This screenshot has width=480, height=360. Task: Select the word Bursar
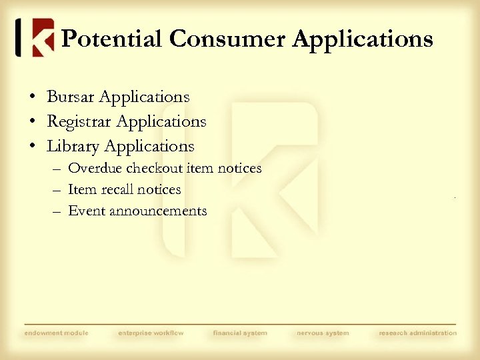pyautogui.click(x=71, y=97)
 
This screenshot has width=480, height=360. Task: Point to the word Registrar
pyautogui.click(x=79, y=121)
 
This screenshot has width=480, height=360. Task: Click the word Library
pyautogui.click(x=73, y=146)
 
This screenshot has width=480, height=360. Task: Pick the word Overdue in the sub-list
pyautogui.click(x=95, y=168)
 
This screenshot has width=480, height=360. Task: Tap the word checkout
pyautogui.click(x=155, y=168)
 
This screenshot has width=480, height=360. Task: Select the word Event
pyautogui.click(x=85, y=211)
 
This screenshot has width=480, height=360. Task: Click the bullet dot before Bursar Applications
pyautogui.click(x=32, y=97)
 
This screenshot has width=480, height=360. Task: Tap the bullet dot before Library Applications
pyautogui.click(x=32, y=147)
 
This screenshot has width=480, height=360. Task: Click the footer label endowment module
pyautogui.click(x=56, y=333)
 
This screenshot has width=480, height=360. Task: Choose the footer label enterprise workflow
pyautogui.click(x=151, y=333)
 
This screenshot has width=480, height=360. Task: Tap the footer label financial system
pyautogui.click(x=240, y=333)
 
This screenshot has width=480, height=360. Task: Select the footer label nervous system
pyautogui.click(x=323, y=333)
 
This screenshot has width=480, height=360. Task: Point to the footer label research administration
pyautogui.click(x=418, y=333)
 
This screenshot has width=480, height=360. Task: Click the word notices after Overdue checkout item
pyautogui.click(x=240, y=168)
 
